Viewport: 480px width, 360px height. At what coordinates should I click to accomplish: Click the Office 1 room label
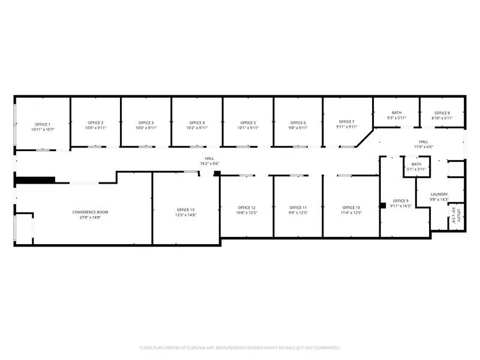point(43,124)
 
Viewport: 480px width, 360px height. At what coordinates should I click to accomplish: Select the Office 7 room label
point(346,122)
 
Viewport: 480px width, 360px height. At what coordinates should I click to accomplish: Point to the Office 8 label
point(442,113)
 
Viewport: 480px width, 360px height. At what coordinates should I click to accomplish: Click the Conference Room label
point(90,212)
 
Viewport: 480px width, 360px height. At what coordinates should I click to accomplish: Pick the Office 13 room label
point(185,209)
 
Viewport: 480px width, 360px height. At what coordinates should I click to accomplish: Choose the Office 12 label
point(246,207)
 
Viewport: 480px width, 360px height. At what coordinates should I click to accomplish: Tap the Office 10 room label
point(351,207)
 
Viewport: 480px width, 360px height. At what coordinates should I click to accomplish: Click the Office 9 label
point(400,200)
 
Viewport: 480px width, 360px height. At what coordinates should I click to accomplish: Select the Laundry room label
point(439,194)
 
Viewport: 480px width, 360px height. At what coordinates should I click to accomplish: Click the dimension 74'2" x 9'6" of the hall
point(209,163)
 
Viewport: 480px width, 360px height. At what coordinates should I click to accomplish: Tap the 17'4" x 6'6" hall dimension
point(423,146)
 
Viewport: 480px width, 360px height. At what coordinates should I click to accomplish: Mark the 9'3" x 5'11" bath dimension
point(397,118)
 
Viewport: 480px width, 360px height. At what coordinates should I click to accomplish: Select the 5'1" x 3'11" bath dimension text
point(416,169)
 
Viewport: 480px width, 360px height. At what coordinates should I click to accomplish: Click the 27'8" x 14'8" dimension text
point(90,217)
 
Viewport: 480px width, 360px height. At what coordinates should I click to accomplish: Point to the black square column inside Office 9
point(382,205)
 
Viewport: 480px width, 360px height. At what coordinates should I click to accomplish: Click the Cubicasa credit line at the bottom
point(240,347)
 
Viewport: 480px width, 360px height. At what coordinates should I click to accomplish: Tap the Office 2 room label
point(95,122)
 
